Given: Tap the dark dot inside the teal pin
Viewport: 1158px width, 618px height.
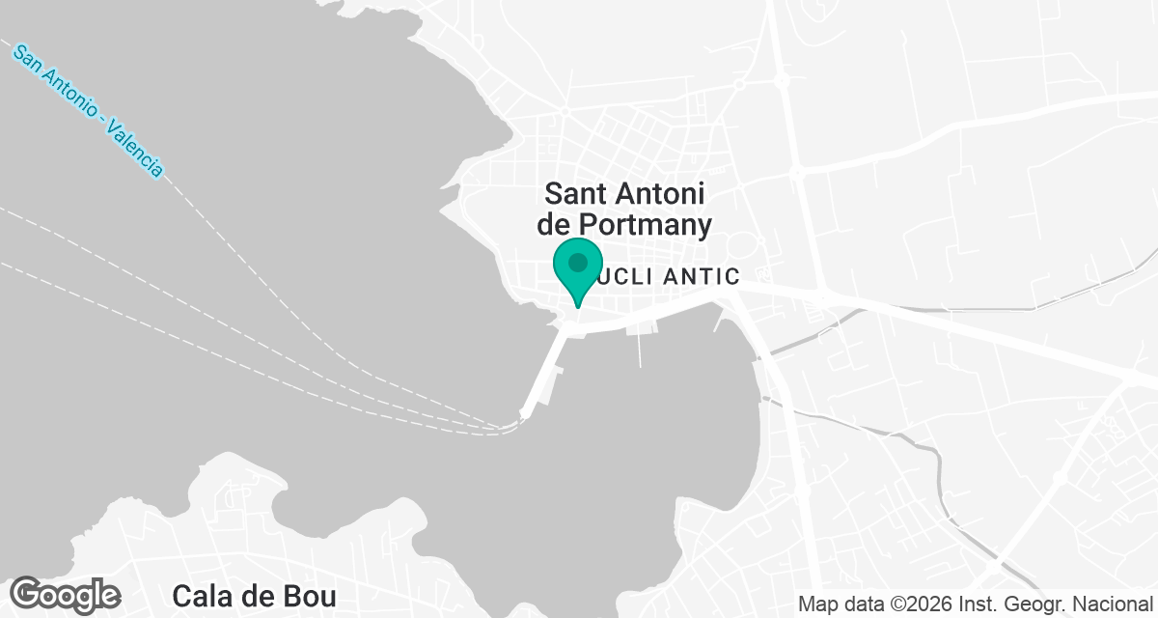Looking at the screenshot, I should coord(578,262).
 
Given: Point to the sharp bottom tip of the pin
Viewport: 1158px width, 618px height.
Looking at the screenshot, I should coord(578,308).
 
